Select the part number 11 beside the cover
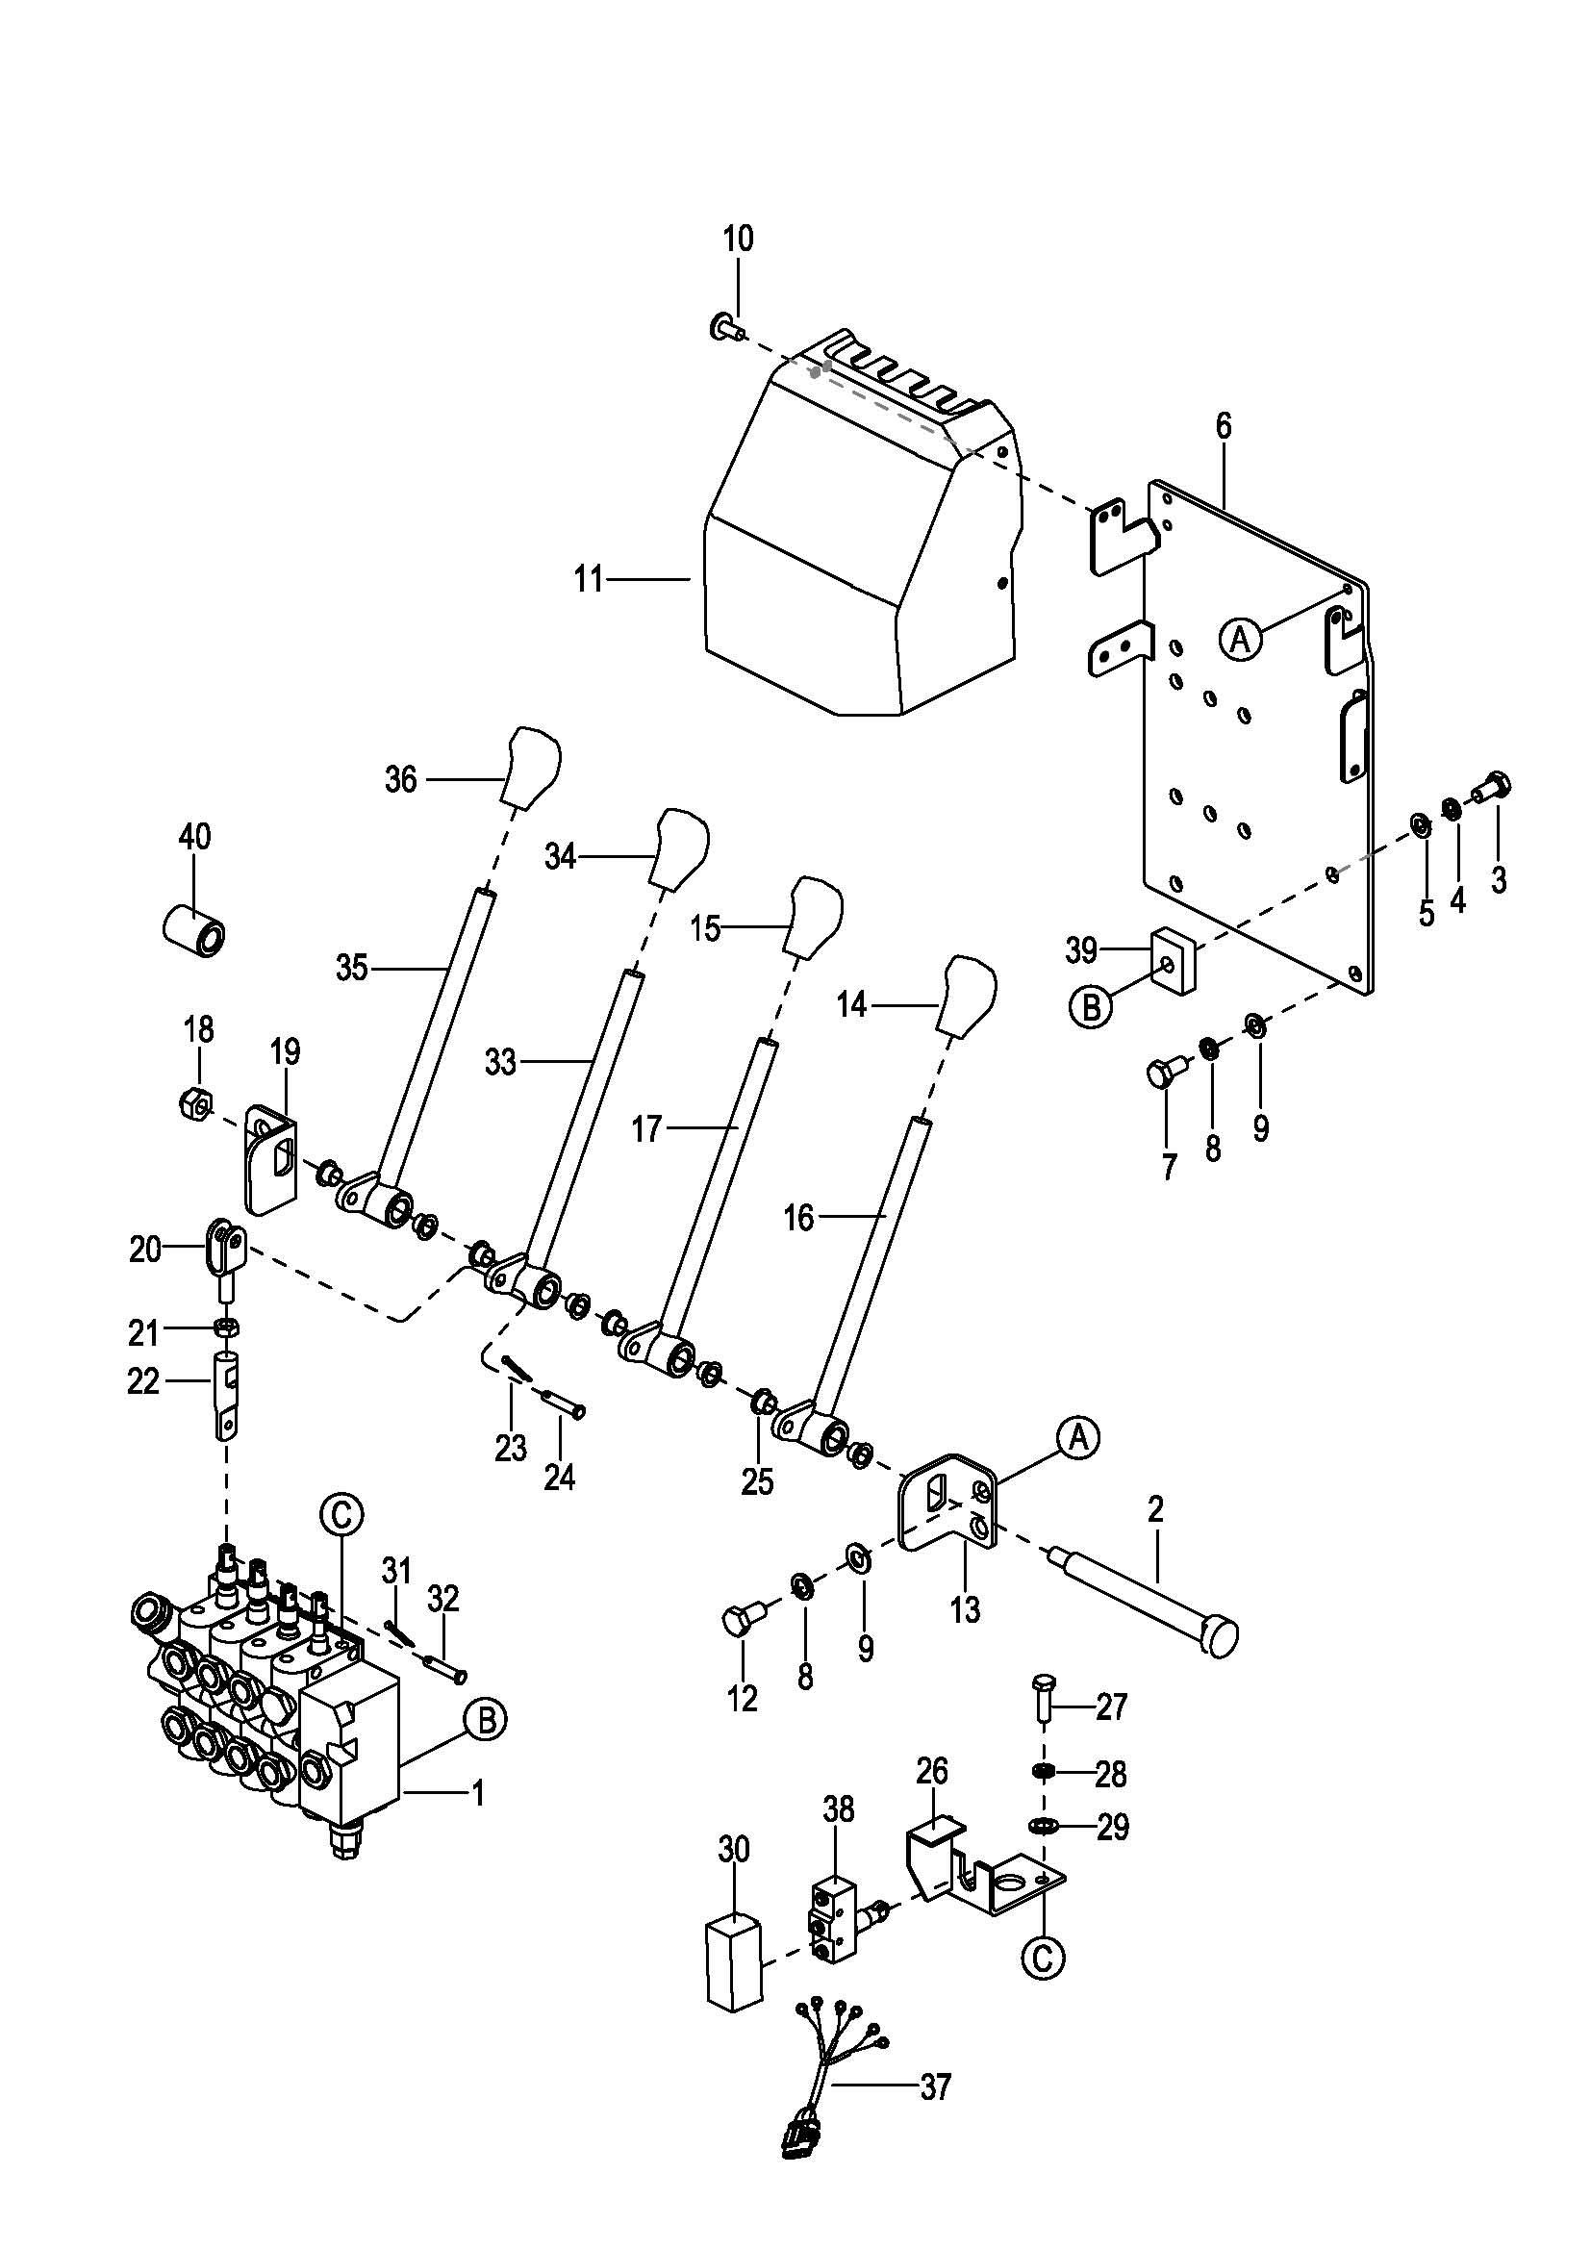[x=588, y=580]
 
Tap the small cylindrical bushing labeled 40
[x=193, y=930]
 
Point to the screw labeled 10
[x=725, y=325]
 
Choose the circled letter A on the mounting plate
[x=1240, y=640]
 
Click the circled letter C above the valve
[x=341, y=1515]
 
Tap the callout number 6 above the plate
[x=1224, y=426]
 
